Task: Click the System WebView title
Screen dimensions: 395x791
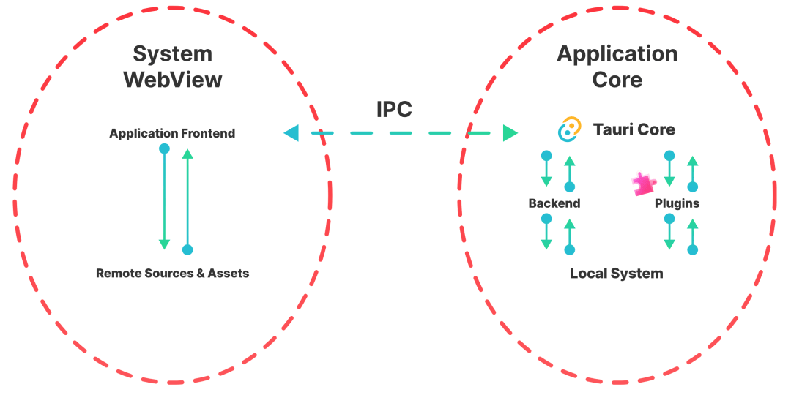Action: pyautogui.click(x=173, y=66)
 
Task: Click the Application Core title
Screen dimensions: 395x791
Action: pyautogui.click(x=617, y=66)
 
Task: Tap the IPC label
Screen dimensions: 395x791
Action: pyautogui.click(x=394, y=109)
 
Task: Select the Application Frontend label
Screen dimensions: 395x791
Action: pyautogui.click(x=172, y=133)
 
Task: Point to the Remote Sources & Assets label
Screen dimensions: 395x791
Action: pyautogui.click(x=172, y=274)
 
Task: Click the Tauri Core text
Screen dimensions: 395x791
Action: pyautogui.click(x=634, y=130)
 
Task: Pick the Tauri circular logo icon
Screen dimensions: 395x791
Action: pyautogui.click(x=569, y=129)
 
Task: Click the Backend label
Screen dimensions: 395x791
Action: pyautogui.click(x=554, y=203)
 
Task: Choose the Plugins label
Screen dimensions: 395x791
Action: pyautogui.click(x=677, y=203)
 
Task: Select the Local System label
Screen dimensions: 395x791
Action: pyautogui.click(x=617, y=274)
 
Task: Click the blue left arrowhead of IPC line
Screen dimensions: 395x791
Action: pyautogui.click(x=291, y=133)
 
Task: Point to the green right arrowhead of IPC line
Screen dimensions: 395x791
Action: pyautogui.click(x=510, y=133)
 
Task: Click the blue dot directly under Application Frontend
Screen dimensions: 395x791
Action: pyautogui.click(x=164, y=148)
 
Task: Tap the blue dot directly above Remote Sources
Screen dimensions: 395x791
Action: pyautogui.click(x=187, y=249)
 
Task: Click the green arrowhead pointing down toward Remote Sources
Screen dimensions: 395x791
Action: pyautogui.click(x=164, y=244)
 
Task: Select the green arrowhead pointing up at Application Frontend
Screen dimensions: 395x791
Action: pyautogui.click(x=187, y=154)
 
